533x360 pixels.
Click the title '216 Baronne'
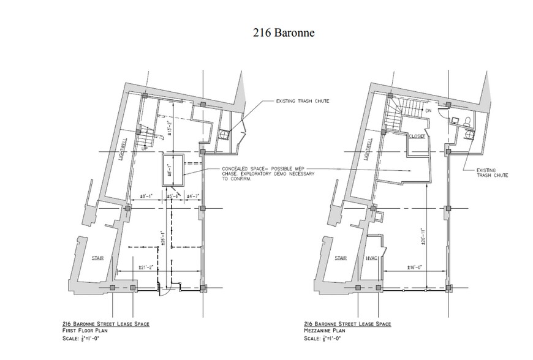[284, 33]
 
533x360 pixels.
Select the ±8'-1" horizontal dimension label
[149, 196]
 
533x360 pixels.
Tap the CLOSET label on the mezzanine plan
[417, 137]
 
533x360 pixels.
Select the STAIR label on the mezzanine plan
[341, 258]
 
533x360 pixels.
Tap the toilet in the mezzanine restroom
[467, 120]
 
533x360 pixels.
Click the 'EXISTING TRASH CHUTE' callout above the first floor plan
[300, 100]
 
